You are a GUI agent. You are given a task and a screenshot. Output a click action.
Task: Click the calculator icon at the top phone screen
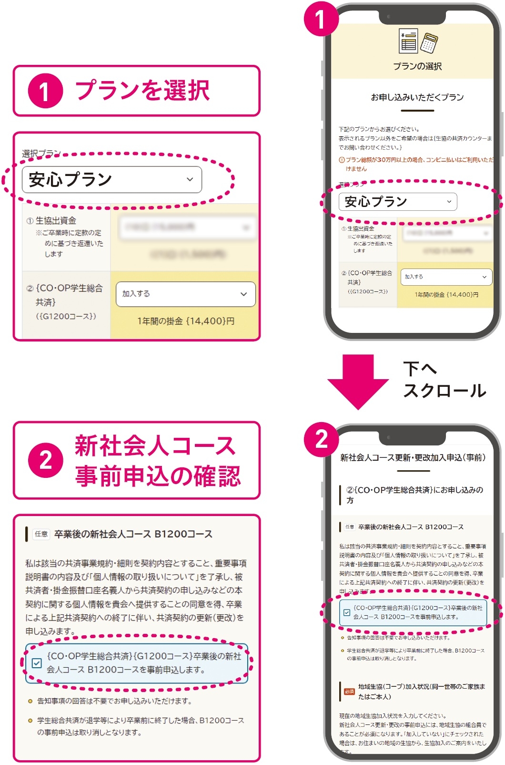tap(429, 43)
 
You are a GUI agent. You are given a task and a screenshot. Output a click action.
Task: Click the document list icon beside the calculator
tap(408, 41)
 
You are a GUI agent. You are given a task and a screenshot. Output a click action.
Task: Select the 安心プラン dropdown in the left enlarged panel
tap(112, 180)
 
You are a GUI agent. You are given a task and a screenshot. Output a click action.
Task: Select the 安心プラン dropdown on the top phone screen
tap(397, 202)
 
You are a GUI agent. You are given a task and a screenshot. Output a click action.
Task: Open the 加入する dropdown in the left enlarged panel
tap(185, 294)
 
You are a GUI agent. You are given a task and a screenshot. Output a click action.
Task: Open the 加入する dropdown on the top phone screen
tap(445, 277)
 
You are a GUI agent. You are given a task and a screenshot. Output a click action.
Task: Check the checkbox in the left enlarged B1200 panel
tap(37, 663)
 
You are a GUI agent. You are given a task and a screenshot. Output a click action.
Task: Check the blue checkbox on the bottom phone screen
tap(347, 612)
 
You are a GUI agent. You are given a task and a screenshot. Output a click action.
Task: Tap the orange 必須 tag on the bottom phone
tap(349, 692)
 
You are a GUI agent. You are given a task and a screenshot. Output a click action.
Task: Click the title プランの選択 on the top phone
tap(417, 66)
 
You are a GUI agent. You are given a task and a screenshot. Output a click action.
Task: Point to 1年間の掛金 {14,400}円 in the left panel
tap(185, 321)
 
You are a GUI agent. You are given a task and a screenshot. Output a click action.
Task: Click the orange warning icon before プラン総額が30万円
tap(342, 160)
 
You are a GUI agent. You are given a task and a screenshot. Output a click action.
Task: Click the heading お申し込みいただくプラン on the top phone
tap(417, 97)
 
